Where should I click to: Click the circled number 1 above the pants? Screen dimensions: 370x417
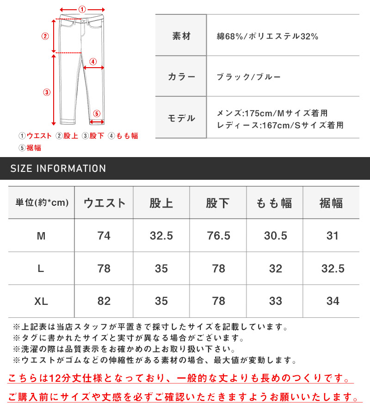click(82, 9)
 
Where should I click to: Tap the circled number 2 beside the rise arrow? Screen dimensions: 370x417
click(45, 36)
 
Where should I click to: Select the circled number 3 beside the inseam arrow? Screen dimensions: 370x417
click(46, 92)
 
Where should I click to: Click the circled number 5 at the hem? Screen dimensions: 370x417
click(96, 113)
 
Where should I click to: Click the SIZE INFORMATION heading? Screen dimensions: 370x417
click(58, 169)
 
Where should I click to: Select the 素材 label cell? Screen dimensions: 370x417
click(181, 36)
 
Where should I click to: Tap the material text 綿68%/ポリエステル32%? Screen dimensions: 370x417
click(267, 36)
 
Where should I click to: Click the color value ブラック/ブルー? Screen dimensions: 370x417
click(248, 77)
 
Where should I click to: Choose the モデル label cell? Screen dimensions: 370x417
click(181, 118)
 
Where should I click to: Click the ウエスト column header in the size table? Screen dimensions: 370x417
click(104, 202)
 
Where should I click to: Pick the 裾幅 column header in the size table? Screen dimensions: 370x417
click(331, 202)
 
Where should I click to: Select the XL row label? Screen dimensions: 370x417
click(41, 301)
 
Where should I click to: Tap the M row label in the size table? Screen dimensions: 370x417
click(41, 236)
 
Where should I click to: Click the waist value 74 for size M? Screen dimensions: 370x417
click(104, 236)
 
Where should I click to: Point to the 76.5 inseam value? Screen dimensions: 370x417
click(218, 236)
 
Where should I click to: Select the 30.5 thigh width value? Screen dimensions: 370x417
click(275, 236)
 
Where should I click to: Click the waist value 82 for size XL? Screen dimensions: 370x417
click(104, 301)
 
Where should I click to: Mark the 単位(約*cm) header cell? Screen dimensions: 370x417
click(42, 202)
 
